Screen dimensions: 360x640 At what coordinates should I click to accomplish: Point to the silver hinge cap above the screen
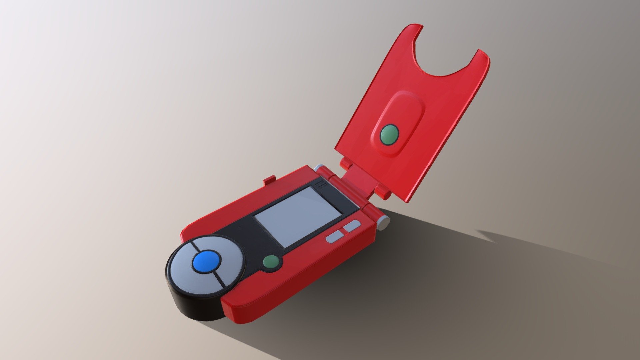click(x=319, y=167)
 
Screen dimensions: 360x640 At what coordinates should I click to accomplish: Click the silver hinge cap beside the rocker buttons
click(x=385, y=222)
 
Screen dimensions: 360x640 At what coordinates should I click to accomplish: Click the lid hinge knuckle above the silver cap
click(x=383, y=193)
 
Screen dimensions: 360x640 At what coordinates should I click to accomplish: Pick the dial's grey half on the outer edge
click(x=190, y=277)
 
